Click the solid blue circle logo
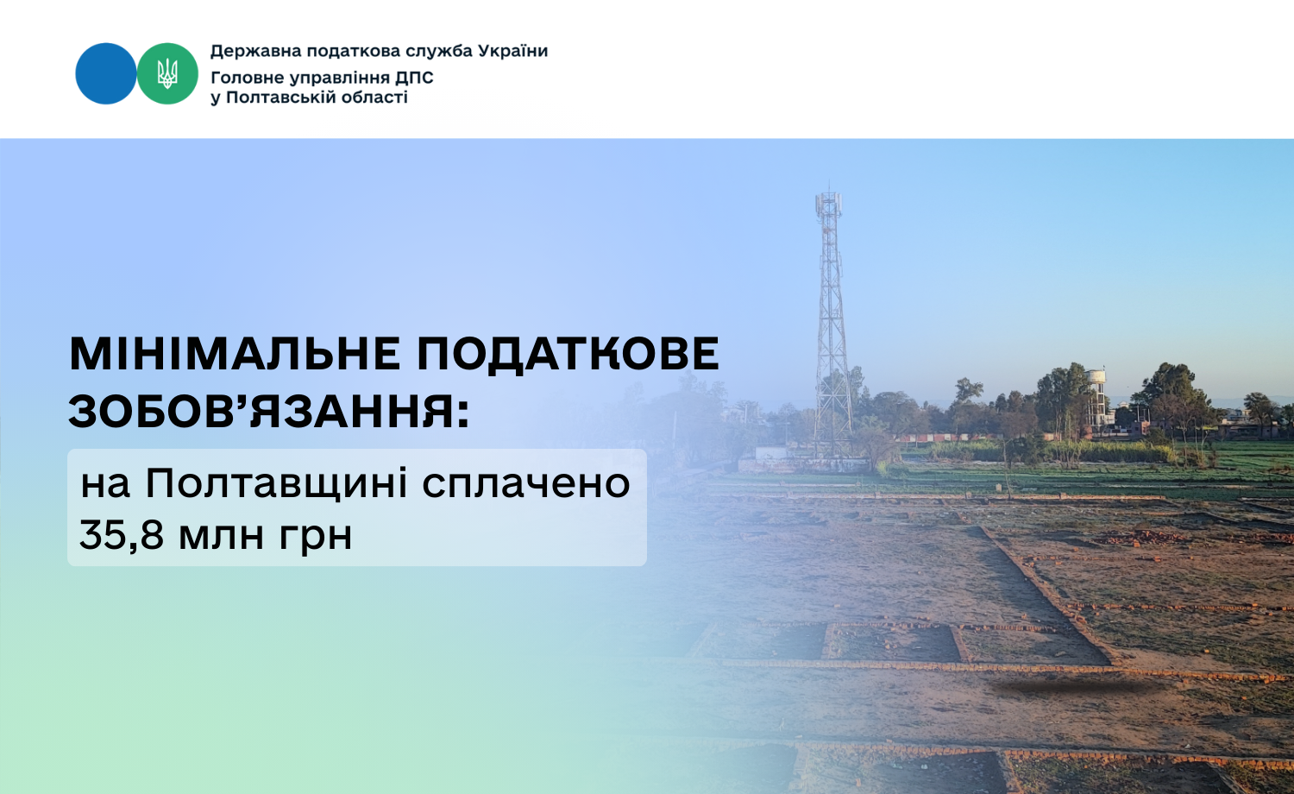106,73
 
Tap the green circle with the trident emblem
167,73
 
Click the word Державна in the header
256,52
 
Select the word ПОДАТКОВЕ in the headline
568,354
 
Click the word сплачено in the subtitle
525,485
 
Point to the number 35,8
122,534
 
